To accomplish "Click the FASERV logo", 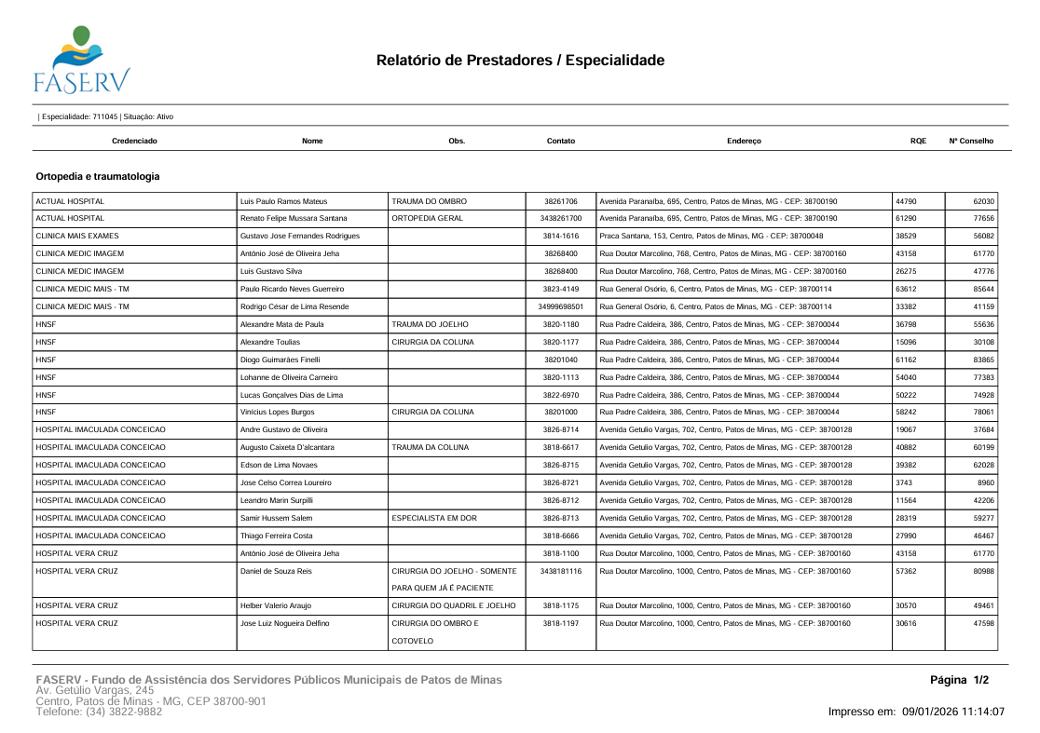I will click(81, 60).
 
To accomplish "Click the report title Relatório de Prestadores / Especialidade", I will click(520, 61).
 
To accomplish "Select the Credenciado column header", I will click(134, 141).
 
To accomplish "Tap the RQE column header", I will click(918, 141).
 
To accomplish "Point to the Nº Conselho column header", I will click(971, 141).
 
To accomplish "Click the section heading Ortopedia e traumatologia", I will click(97, 176).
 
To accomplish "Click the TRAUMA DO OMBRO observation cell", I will click(429, 201).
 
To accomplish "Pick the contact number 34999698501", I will click(560, 306).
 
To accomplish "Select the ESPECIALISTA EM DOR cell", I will click(434, 517).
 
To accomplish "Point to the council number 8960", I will click(986, 482).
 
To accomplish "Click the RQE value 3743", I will click(903, 482).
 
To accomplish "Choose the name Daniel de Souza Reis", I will click(276, 570).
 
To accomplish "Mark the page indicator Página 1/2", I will click(959, 681).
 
